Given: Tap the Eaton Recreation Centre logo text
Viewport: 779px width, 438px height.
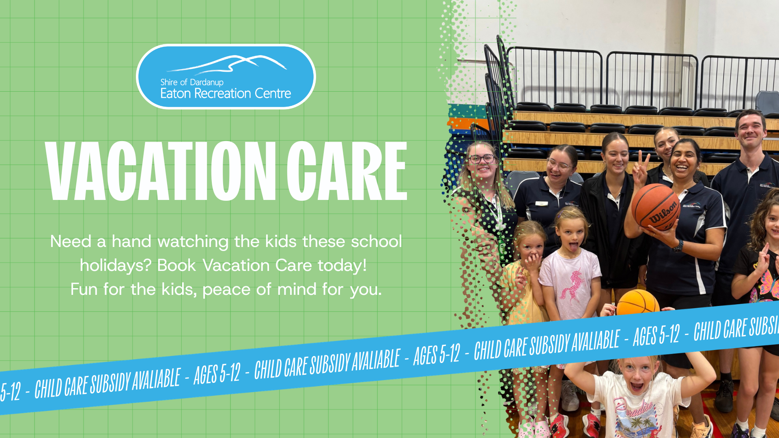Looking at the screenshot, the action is click(x=226, y=94).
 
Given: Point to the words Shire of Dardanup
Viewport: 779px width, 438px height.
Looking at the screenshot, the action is click(x=192, y=82).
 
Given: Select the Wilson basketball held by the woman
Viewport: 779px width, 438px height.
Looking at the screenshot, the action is click(x=656, y=207).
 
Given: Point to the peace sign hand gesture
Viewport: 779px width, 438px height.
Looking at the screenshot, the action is click(x=641, y=167).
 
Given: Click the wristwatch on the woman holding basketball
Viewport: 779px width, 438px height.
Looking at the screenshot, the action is click(x=678, y=246).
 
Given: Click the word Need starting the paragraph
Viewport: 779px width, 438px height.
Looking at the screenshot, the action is click(x=71, y=242).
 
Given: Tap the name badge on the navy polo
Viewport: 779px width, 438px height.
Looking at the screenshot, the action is click(x=542, y=204).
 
